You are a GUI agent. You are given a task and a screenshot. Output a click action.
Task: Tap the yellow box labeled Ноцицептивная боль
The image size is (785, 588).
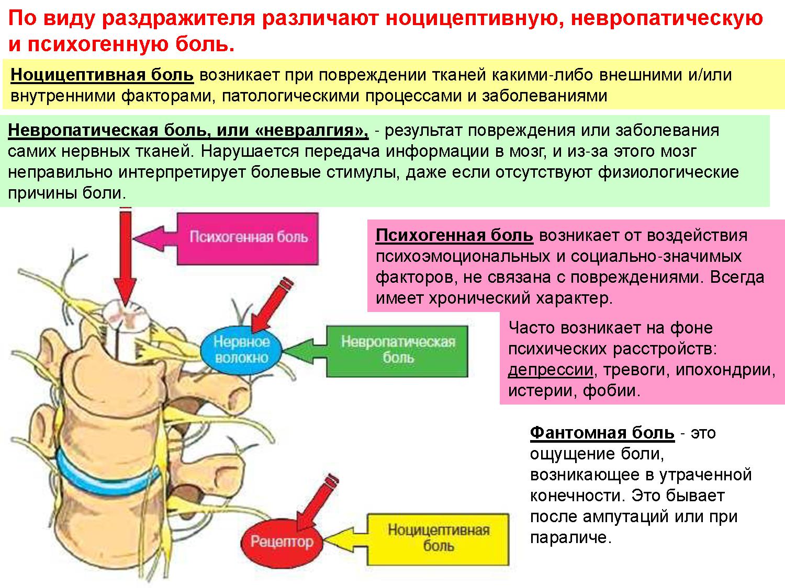pyautogui.click(x=439, y=538)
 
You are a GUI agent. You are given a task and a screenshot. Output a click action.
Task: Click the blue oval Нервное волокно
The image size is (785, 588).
pyautogui.click(x=241, y=350)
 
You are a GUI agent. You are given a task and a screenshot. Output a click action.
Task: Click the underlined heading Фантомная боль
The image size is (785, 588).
pyautogui.click(x=602, y=433)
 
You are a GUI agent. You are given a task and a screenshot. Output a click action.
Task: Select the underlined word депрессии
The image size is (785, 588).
pyautogui.click(x=551, y=370)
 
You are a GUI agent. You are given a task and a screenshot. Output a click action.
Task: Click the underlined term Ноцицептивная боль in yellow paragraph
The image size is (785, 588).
pyautogui.click(x=102, y=75)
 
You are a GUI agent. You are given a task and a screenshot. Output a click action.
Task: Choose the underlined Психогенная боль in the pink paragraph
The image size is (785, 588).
pyautogui.click(x=454, y=235)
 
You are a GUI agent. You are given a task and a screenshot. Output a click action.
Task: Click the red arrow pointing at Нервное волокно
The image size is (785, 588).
pyautogui.click(x=270, y=306)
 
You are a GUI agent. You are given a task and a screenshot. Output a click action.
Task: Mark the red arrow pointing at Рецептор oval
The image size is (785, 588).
pyautogui.click(x=314, y=502)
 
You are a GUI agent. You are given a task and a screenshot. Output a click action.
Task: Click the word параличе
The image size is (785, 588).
pyautogui.click(x=570, y=537)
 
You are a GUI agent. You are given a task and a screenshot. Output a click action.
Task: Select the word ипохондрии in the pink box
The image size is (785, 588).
pyautogui.click(x=725, y=370)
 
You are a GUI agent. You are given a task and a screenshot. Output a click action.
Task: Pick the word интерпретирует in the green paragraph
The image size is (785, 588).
pyautogui.click(x=187, y=172)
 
